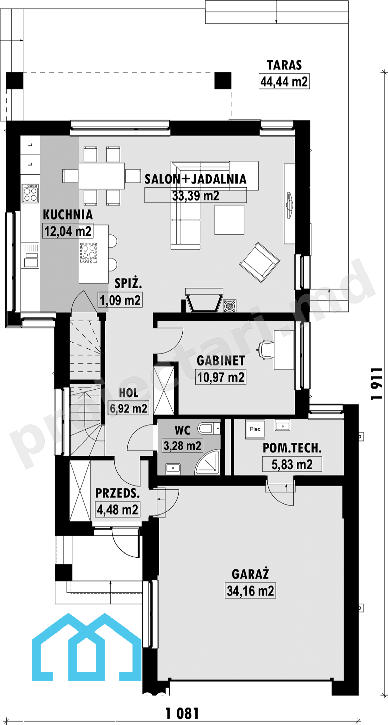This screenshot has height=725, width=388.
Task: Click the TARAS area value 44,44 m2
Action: pyautogui.click(x=284, y=81)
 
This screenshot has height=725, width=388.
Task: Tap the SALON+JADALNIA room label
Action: pyautogui.click(x=196, y=179)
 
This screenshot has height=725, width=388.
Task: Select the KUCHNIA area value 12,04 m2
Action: pyautogui.click(x=68, y=231)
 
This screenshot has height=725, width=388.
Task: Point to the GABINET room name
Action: pyautogui.click(x=221, y=360)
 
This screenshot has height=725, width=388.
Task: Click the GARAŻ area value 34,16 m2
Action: pyautogui.click(x=251, y=591)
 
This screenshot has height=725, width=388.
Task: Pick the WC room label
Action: pyautogui.click(x=182, y=430)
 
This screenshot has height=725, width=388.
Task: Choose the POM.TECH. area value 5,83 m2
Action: pyautogui.click(x=292, y=464)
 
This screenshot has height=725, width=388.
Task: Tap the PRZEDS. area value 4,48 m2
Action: pyautogui.click(x=118, y=510)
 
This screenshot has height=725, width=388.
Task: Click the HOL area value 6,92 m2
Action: pyautogui.click(x=129, y=408)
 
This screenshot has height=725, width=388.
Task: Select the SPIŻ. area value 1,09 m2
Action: pyautogui.click(x=120, y=300)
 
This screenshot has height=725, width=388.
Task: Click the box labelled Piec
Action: pyautogui.click(x=255, y=429)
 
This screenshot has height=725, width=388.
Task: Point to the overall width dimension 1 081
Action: pyautogui.click(x=182, y=713)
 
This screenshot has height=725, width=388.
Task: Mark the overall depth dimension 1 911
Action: pyautogui.click(x=377, y=384)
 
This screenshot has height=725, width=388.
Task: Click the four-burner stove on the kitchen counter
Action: pyautogui.click(x=30, y=193)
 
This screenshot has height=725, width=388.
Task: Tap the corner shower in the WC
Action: pyautogui.click(x=207, y=462)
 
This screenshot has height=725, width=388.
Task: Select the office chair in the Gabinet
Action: pyautogui.click(x=265, y=350)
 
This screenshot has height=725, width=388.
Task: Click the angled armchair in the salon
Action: pyautogui.click(x=259, y=262)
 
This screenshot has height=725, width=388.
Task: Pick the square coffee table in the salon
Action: pyautogui.click(x=229, y=220)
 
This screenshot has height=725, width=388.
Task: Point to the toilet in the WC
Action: pyautogui.click(x=209, y=428)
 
